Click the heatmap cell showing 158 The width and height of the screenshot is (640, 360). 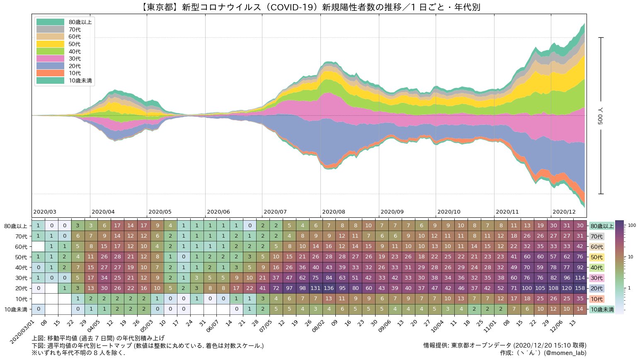pos(580,288)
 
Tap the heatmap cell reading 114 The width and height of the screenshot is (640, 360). pos(580,278)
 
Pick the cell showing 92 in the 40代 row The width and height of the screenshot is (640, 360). pos(580,268)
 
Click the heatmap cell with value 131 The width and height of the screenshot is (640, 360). pos(315,288)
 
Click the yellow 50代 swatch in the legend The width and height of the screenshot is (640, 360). pos(50,44)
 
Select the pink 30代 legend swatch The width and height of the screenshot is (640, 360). pos(50,58)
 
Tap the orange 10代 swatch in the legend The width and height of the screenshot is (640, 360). pos(50,73)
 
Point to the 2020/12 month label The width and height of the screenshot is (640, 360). pos(564,212)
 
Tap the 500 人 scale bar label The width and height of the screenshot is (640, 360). pos(601,115)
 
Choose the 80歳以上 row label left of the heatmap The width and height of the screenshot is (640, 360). pos(15,226)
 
